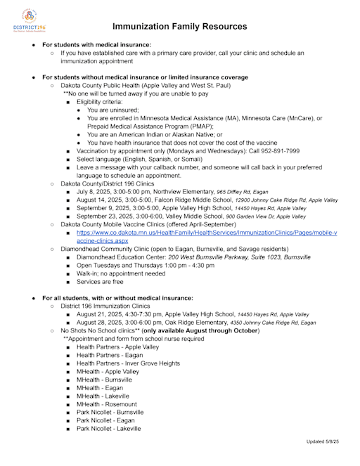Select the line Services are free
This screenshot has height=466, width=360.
tap(103, 282)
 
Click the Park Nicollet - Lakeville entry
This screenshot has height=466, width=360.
tap(108, 428)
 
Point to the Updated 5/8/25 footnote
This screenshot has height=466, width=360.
tap(322, 441)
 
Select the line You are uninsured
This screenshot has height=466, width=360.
tap(113, 110)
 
